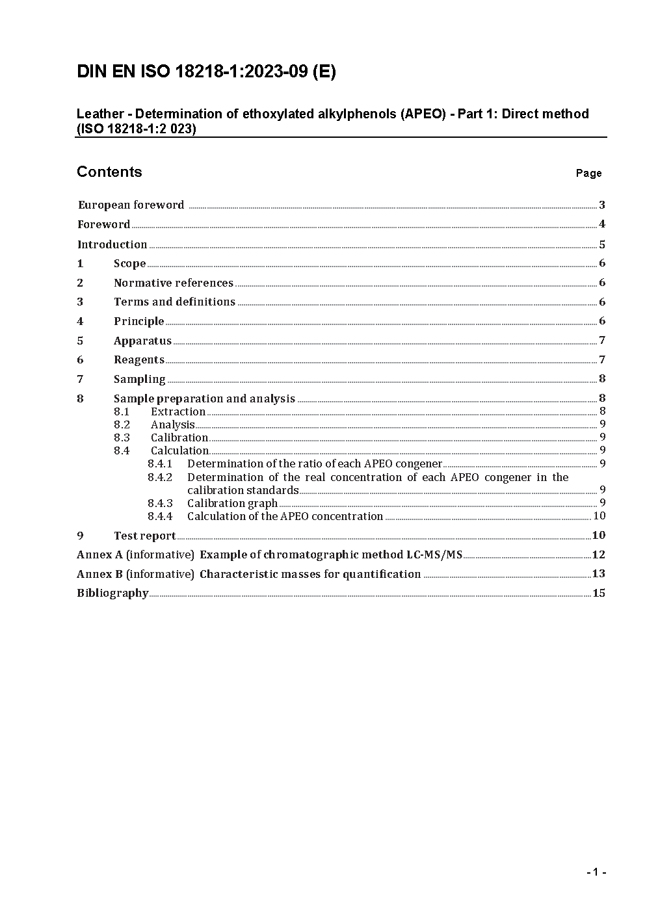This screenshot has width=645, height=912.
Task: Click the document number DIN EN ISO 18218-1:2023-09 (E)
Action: [206, 72]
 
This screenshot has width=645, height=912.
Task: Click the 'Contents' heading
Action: [109, 172]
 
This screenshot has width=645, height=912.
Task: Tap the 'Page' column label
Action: [588, 173]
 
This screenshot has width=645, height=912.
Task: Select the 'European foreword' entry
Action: [131, 205]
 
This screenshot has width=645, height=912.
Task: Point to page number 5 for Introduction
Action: [602, 244]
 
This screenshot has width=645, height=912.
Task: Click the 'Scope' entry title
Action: [129, 263]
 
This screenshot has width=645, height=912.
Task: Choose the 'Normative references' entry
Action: [173, 283]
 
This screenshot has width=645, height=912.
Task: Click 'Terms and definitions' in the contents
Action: [174, 302]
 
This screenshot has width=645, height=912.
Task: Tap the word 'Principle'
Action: [138, 321]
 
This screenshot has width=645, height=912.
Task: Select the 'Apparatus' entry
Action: [142, 341]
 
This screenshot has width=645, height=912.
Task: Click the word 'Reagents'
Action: [138, 359]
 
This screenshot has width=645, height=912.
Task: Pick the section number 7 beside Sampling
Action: [80, 379]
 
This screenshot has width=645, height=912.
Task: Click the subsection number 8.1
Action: [122, 411]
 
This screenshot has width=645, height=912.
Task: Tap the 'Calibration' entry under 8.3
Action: [179, 437]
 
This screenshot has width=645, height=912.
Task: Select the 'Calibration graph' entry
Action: [232, 503]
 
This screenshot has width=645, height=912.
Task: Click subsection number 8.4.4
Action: [160, 516]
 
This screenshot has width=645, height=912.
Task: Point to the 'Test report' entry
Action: [144, 536]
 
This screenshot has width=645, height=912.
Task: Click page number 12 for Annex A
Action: [599, 554]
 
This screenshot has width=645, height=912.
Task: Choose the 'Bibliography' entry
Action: [112, 593]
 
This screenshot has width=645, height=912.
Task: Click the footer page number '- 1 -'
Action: [596, 872]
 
